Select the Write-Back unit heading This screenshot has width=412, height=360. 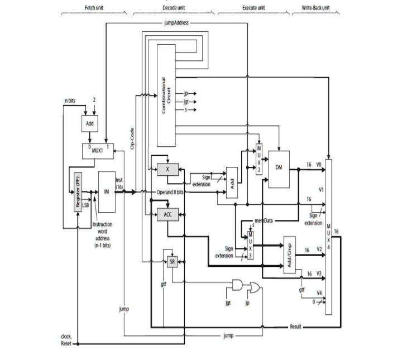[x=314, y=8]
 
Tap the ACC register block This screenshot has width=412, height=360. [x=167, y=214]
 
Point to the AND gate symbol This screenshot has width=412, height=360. [x=238, y=286]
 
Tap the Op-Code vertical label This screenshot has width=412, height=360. [x=132, y=138]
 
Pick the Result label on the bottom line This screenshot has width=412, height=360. [x=296, y=327]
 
